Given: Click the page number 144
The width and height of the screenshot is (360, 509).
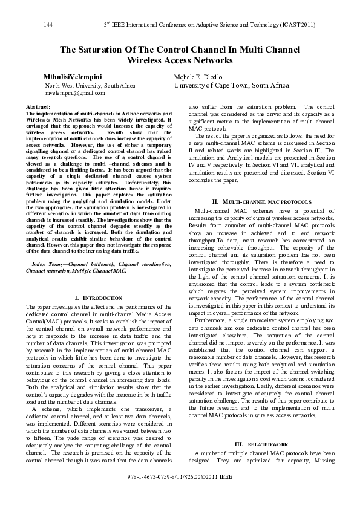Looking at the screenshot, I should click(50, 25).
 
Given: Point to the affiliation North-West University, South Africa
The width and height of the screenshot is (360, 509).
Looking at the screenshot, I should click(90, 86).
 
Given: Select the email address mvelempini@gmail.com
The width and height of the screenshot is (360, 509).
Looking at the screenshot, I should click(75, 93).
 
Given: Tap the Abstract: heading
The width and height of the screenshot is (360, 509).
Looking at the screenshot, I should click(38, 106).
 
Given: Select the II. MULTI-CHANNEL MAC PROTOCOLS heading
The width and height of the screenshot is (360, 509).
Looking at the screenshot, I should click(261, 201).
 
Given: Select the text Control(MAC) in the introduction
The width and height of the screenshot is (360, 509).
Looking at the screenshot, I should click(43, 321).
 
